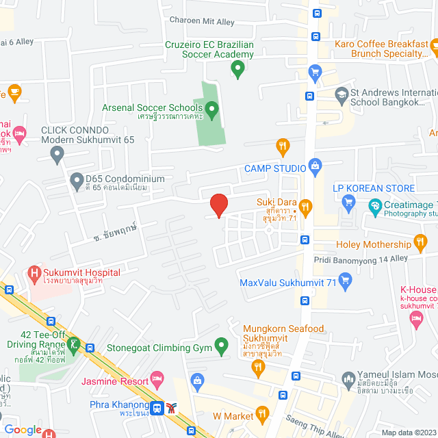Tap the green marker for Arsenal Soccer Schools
pos(211,108)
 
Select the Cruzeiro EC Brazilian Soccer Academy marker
pos(237,68)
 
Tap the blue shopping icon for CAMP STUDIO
pos(315,164)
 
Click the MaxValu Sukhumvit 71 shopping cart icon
pos(345,279)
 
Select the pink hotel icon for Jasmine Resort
pos(157,377)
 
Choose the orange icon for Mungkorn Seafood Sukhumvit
pos(258,367)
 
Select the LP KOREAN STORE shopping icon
pos(348,201)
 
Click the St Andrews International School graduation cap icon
pos(340,95)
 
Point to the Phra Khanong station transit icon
pos(157,408)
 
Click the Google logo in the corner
pos(23,430)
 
